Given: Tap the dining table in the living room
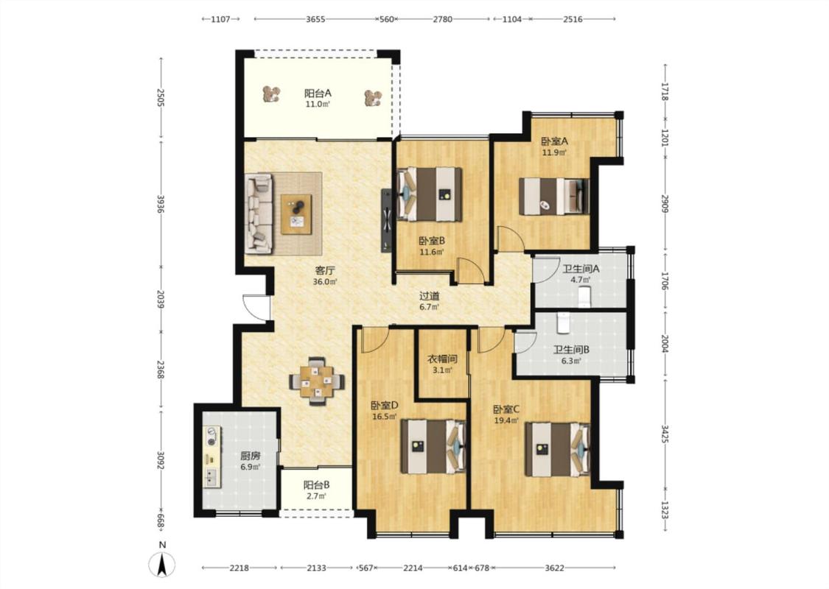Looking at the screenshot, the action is click(317, 381).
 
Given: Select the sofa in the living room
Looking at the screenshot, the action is click(259, 214).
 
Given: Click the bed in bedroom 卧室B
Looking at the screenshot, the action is click(430, 194).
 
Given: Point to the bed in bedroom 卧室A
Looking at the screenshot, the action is click(554, 197).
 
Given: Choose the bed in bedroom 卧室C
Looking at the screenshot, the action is click(557, 448).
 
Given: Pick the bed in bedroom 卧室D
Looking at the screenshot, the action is click(433, 446).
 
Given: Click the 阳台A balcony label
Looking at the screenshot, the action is click(318, 94).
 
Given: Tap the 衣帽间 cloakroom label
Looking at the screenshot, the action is click(442, 359).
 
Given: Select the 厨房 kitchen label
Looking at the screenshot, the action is click(250, 456).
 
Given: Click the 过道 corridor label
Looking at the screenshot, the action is click(430, 297).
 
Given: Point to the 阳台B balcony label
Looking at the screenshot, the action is click(317, 485).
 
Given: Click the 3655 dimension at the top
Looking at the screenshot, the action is click(315, 19).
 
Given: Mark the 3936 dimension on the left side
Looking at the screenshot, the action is click(161, 205).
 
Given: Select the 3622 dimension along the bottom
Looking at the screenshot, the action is click(555, 568).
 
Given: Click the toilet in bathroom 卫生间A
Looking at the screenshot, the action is click(584, 296).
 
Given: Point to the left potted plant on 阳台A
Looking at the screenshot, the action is click(271, 94).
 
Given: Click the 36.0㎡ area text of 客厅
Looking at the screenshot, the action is click(325, 282).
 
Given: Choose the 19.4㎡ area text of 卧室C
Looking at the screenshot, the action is click(506, 421).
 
